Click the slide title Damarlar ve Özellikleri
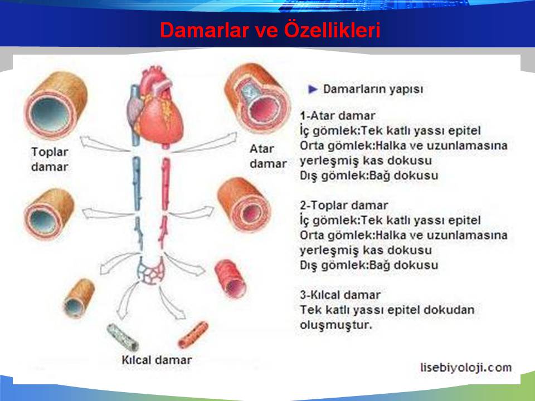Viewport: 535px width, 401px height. click(270, 30)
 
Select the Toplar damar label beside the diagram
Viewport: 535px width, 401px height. click(50, 159)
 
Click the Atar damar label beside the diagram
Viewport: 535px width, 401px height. click(268, 156)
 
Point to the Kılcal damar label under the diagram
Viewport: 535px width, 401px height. click(157, 360)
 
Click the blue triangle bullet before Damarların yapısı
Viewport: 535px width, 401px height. click(313, 89)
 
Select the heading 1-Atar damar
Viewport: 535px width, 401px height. click(338, 116)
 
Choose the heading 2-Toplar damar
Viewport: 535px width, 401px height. click(344, 206)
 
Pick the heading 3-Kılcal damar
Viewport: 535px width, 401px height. click(340, 295)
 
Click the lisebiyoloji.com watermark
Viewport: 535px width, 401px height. click(466, 368)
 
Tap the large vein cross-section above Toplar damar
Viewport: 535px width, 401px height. click(56, 105)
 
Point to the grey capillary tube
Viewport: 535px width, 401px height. click(123, 338)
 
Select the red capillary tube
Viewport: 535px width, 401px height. click(193, 335)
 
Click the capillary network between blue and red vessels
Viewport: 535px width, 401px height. click(150, 271)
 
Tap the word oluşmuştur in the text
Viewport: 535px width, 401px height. click(335, 325)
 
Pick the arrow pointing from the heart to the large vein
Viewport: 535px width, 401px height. click(104, 144)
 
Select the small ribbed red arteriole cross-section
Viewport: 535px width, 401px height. click(231, 278)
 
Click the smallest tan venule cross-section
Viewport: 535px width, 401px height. click(79, 299)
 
